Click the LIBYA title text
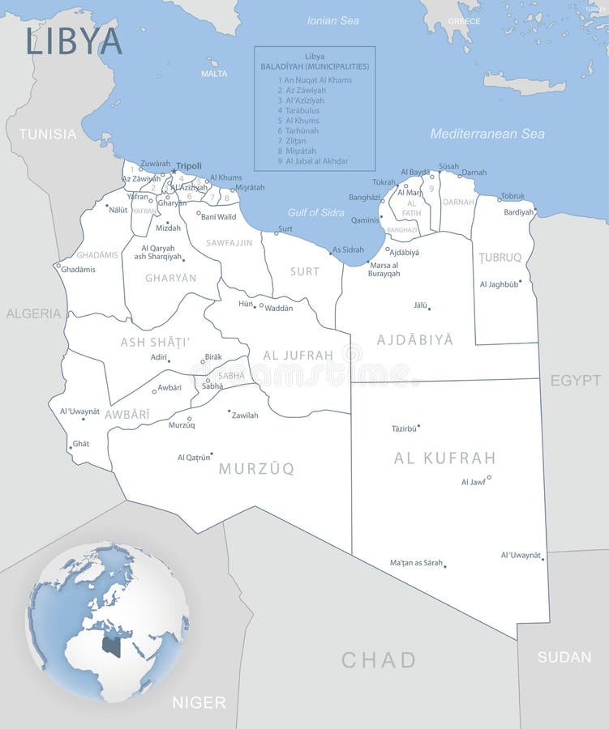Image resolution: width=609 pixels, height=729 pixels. pyautogui.click(x=74, y=40)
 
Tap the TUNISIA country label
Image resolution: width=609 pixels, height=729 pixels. pyautogui.click(x=48, y=134)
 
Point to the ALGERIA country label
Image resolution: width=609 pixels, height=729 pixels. pyautogui.click(x=33, y=313)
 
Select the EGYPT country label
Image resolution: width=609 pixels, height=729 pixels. pyautogui.click(x=576, y=380)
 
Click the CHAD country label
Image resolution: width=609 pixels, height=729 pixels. pyautogui.click(x=378, y=659)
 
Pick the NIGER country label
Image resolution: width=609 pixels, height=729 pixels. pyautogui.click(x=199, y=702)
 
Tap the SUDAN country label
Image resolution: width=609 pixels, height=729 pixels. pyautogui.click(x=564, y=657)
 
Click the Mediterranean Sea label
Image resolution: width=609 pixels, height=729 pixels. pyautogui.click(x=487, y=134)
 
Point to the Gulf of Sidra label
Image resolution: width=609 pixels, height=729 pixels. pyautogui.click(x=316, y=212)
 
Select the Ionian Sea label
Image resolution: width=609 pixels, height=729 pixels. pyautogui.click(x=333, y=20)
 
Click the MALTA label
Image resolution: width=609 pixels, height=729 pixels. pyautogui.click(x=214, y=74)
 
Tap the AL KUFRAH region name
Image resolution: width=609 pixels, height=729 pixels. pyautogui.click(x=444, y=458)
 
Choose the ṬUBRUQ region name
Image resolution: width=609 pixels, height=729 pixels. pyautogui.click(x=500, y=258)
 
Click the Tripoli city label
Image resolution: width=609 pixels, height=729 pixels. pyautogui.click(x=189, y=165)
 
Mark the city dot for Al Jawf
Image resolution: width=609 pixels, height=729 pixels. pyautogui.click(x=489, y=477)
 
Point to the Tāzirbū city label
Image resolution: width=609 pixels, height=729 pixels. pyautogui.click(x=404, y=428)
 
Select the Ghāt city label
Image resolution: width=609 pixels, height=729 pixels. pyautogui.click(x=81, y=444)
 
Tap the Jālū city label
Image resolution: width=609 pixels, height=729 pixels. pyautogui.click(x=419, y=305)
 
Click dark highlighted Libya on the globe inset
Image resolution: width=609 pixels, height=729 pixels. pyautogui.click(x=112, y=646)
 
